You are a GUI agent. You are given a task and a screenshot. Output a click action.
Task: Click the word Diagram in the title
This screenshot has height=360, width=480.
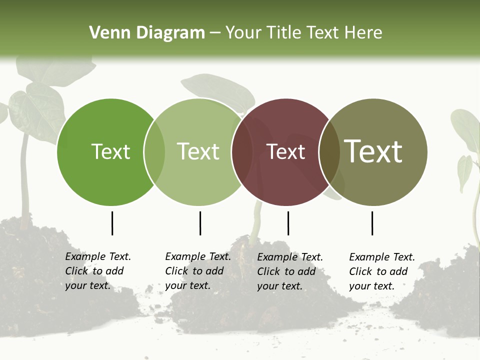[170, 33]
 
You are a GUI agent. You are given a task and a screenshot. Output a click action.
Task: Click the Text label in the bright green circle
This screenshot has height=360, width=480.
[110, 151]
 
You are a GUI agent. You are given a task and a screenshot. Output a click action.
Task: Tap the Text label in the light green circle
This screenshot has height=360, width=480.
[198, 151]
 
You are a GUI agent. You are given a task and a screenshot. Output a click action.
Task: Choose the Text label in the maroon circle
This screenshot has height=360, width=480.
[286, 152]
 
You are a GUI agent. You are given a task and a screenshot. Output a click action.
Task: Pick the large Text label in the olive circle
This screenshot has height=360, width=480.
[373, 151]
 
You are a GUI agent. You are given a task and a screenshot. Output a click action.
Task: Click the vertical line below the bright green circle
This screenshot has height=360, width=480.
[112, 223]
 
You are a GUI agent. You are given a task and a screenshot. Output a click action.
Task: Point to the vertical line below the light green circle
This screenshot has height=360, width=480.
[200, 223]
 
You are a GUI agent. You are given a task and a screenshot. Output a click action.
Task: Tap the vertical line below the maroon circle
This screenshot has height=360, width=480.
[288, 223]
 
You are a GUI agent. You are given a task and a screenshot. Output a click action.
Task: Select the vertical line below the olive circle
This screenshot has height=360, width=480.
[372, 223]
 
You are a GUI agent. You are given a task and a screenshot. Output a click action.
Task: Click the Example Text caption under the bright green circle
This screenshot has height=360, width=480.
[97, 271]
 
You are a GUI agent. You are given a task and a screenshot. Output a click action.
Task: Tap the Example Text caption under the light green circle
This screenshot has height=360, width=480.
[197, 271]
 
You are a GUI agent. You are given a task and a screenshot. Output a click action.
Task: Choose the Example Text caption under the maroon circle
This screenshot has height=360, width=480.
[289, 271]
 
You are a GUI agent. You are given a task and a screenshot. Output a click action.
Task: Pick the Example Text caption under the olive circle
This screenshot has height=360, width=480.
[381, 271]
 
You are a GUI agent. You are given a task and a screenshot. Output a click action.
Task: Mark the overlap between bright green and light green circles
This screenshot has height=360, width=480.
[154, 152]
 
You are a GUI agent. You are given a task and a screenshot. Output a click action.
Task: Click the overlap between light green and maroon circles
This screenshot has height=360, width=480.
[242, 152]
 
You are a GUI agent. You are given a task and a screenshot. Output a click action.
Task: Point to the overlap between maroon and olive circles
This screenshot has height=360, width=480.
[329, 152]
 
